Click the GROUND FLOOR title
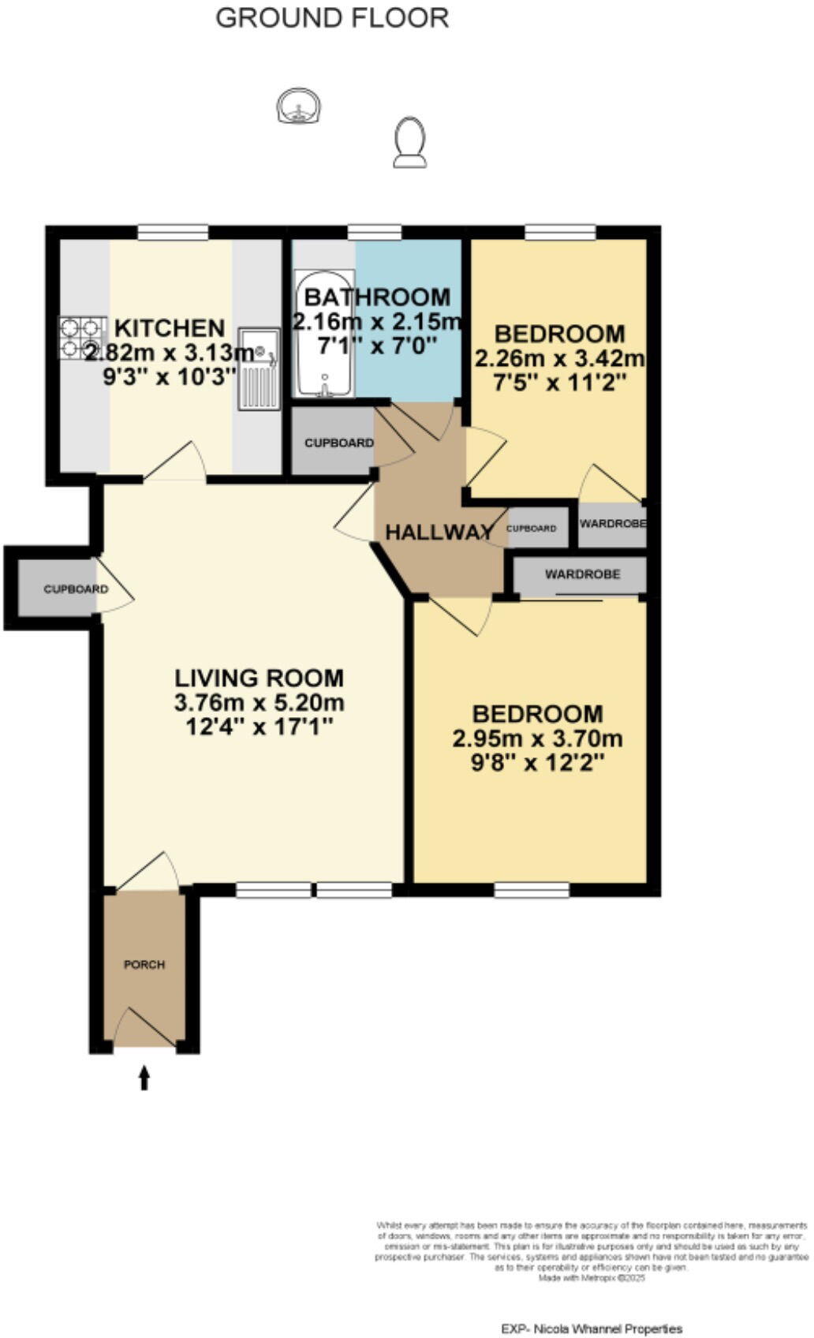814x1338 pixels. [332, 17]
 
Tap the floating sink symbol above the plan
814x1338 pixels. [299, 107]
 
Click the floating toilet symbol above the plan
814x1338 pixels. [409, 143]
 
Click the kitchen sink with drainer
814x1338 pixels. [260, 368]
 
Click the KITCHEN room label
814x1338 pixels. [170, 327]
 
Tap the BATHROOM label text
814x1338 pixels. [377, 297]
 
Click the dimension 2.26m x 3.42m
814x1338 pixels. [559, 359]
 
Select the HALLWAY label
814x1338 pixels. [439, 532]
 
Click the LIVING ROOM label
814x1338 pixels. [259, 678]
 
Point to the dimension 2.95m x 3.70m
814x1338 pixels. [537, 739]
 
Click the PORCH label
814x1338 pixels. [144, 964]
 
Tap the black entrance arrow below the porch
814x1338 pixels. [144, 1077]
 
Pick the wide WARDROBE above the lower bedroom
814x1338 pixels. [581, 574]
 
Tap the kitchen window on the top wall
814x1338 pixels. [173, 232]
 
